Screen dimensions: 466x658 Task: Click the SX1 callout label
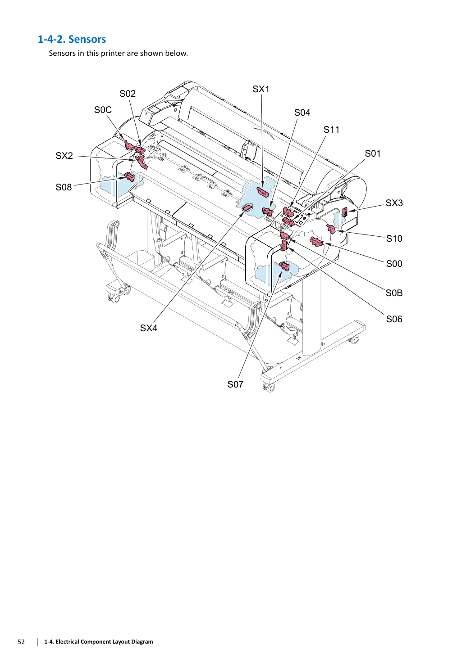(x=260, y=89)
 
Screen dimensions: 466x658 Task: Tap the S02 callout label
(x=128, y=94)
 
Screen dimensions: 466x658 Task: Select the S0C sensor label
(x=103, y=110)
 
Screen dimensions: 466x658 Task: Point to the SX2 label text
(x=64, y=156)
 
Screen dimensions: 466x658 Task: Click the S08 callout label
(x=64, y=187)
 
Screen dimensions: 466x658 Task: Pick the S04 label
(x=302, y=113)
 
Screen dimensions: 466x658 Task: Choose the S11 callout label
(x=331, y=130)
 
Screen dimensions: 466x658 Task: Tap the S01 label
(x=373, y=153)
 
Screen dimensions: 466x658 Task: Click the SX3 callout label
(x=394, y=203)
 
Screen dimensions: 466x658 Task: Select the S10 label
(x=394, y=239)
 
